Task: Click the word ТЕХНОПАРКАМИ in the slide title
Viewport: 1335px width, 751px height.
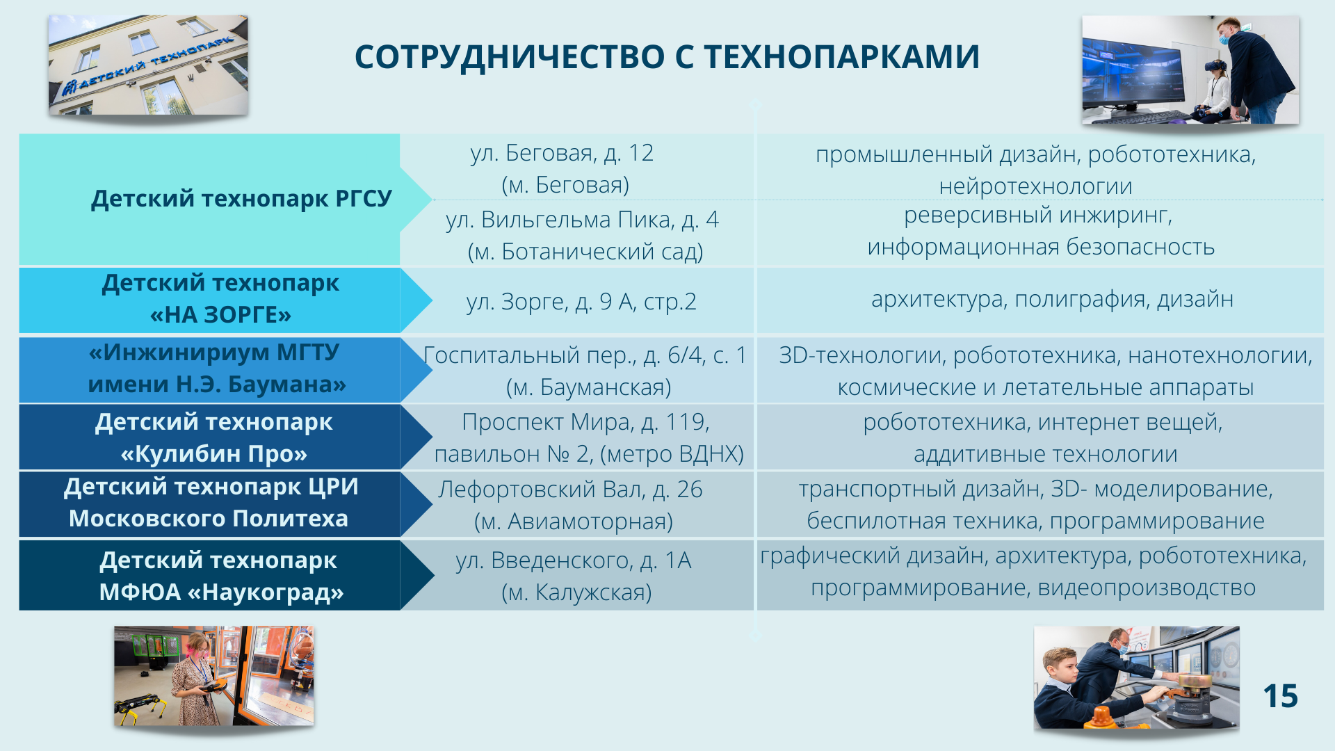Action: coord(842,57)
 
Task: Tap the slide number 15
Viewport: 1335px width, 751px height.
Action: coord(1280,696)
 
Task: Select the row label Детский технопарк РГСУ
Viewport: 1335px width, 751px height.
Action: coord(241,199)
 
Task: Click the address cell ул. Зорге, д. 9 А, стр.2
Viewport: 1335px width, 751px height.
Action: coord(581,302)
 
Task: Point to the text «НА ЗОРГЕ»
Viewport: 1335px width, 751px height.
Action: coord(220,315)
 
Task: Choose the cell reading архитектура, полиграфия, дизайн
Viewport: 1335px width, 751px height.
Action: coord(1052,299)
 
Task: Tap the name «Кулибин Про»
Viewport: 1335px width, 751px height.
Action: coord(214,454)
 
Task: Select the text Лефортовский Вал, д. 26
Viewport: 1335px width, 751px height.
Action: coord(570,490)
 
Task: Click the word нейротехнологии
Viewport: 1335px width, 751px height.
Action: coord(1035,186)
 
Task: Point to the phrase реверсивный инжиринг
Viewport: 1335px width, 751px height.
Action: coord(1038,216)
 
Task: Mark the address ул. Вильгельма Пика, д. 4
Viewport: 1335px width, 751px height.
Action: coord(582,220)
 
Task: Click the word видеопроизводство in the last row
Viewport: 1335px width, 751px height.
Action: coord(1147,588)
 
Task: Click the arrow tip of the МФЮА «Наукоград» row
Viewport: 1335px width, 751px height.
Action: coord(434,575)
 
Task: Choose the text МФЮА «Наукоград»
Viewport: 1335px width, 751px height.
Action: coord(221,592)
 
